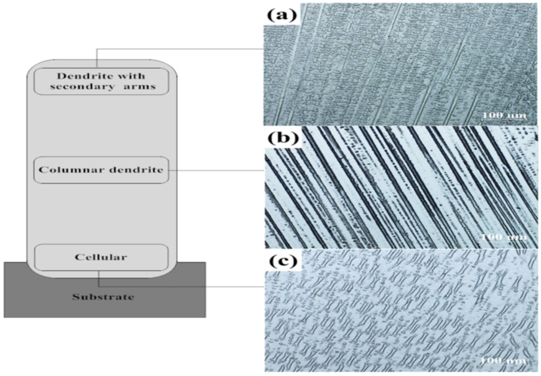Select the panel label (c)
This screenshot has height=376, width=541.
[x=282, y=261]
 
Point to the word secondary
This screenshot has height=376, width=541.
[x=82, y=87]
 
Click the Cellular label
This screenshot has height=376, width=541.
[x=101, y=257]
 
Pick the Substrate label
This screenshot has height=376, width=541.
[x=103, y=297]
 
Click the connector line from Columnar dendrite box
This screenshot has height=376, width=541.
[x=216, y=170]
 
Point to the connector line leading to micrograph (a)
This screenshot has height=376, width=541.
[x=180, y=49]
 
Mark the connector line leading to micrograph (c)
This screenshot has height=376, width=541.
[x=180, y=286]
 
